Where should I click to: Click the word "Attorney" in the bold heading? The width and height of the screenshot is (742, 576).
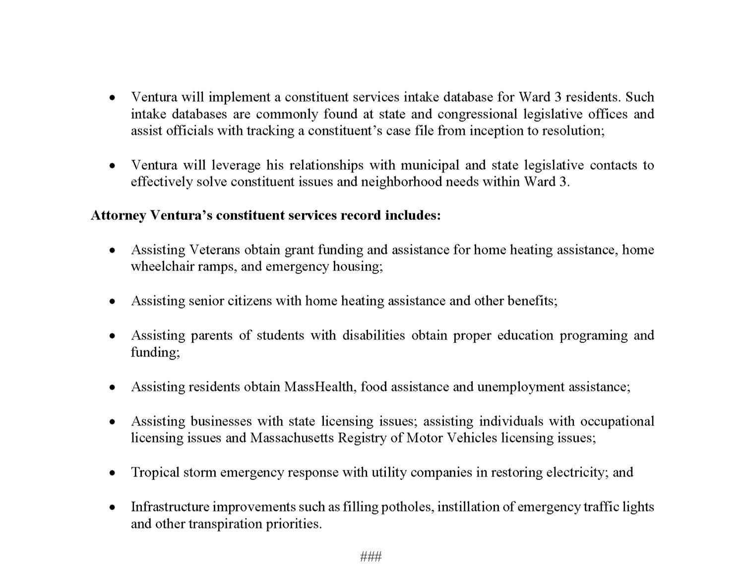pos(118,215)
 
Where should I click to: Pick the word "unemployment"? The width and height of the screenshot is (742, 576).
pos(521,386)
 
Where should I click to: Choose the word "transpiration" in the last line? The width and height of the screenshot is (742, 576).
pos(225,523)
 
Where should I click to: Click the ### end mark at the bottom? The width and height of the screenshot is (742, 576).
pos(371,556)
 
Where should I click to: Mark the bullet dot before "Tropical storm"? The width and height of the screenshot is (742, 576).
pos(113,473)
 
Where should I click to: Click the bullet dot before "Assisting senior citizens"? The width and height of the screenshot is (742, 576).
pos(113,301)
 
